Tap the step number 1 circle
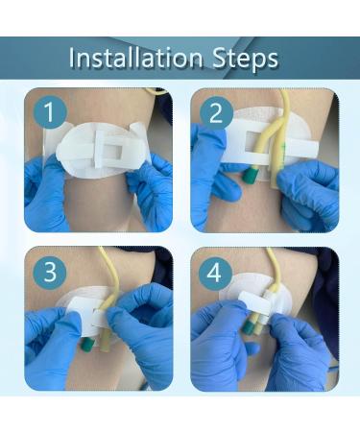pos(47,113)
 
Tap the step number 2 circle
pos(214,113)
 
